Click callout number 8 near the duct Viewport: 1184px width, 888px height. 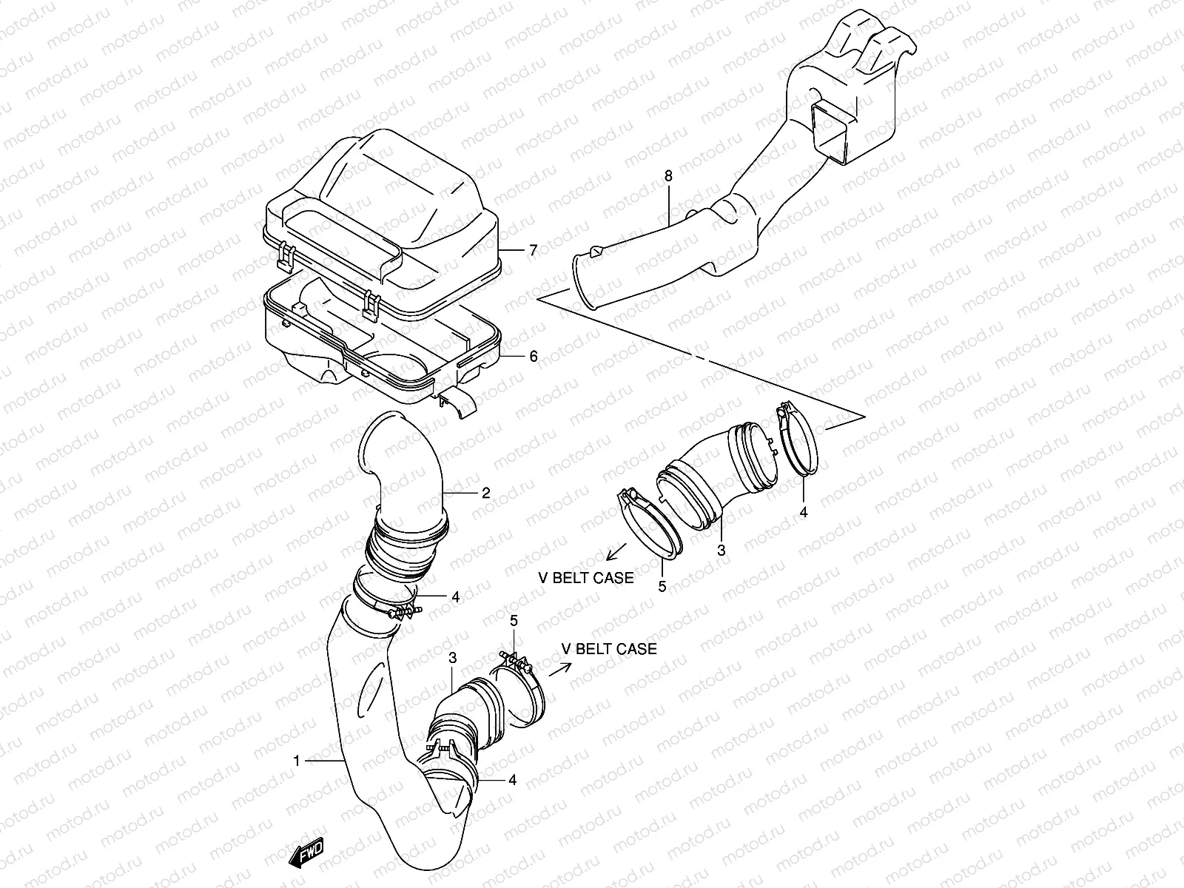click(668, 176)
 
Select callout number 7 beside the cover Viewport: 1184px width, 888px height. click(532, 250)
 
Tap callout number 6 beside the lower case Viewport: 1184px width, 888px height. click(532, 356)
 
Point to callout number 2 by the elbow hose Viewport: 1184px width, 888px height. click(485, 492)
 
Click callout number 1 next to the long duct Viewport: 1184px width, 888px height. click(297, 760)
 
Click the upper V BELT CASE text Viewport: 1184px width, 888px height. click(586, 578)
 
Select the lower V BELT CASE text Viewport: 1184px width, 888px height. click(608, 649)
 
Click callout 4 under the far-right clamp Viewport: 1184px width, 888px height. click(804, 511)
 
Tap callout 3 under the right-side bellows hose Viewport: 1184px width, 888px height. click(721, 550)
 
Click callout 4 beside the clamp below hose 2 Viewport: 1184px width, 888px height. click(455, 596)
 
